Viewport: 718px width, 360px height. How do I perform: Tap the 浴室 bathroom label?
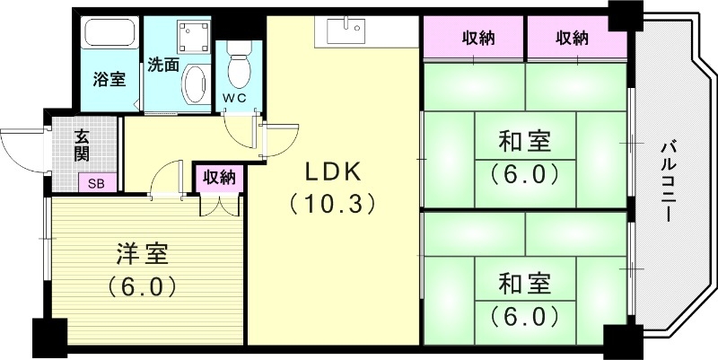click(x=109, y=79)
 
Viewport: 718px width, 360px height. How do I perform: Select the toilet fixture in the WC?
click(x=240, y=66)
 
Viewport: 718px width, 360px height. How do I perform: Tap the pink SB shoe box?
click(x=95, y=184)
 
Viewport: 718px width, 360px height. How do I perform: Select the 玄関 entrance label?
click(x=82, y=145)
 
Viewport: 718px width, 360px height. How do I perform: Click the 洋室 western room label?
click(x=143, y=255)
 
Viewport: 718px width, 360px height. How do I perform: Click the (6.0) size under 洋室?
click(x=143, y=287)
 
